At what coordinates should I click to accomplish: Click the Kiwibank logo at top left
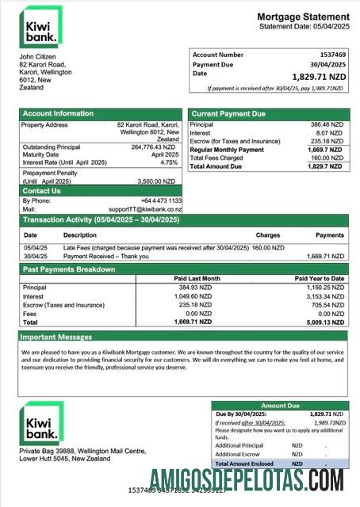point(40,26)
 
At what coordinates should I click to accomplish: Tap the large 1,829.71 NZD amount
point(318,75)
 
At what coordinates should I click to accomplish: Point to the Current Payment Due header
point(228,114)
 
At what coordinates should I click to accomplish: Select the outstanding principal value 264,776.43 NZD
point(153,147)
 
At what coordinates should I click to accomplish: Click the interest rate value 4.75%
point(169,162)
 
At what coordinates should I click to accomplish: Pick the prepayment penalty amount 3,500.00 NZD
point(157,181)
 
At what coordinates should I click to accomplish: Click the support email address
point(146,208)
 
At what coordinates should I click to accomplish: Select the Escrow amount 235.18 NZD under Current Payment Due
point(326,142)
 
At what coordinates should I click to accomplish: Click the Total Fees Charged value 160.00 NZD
point(325,158)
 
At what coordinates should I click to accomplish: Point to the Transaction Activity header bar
point(101,219)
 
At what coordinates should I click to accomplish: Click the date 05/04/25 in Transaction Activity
point(35,248)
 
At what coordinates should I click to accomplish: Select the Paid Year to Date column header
point(319,279)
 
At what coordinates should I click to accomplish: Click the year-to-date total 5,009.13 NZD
point(324,322)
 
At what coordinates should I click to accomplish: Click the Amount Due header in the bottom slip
point(281,405)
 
